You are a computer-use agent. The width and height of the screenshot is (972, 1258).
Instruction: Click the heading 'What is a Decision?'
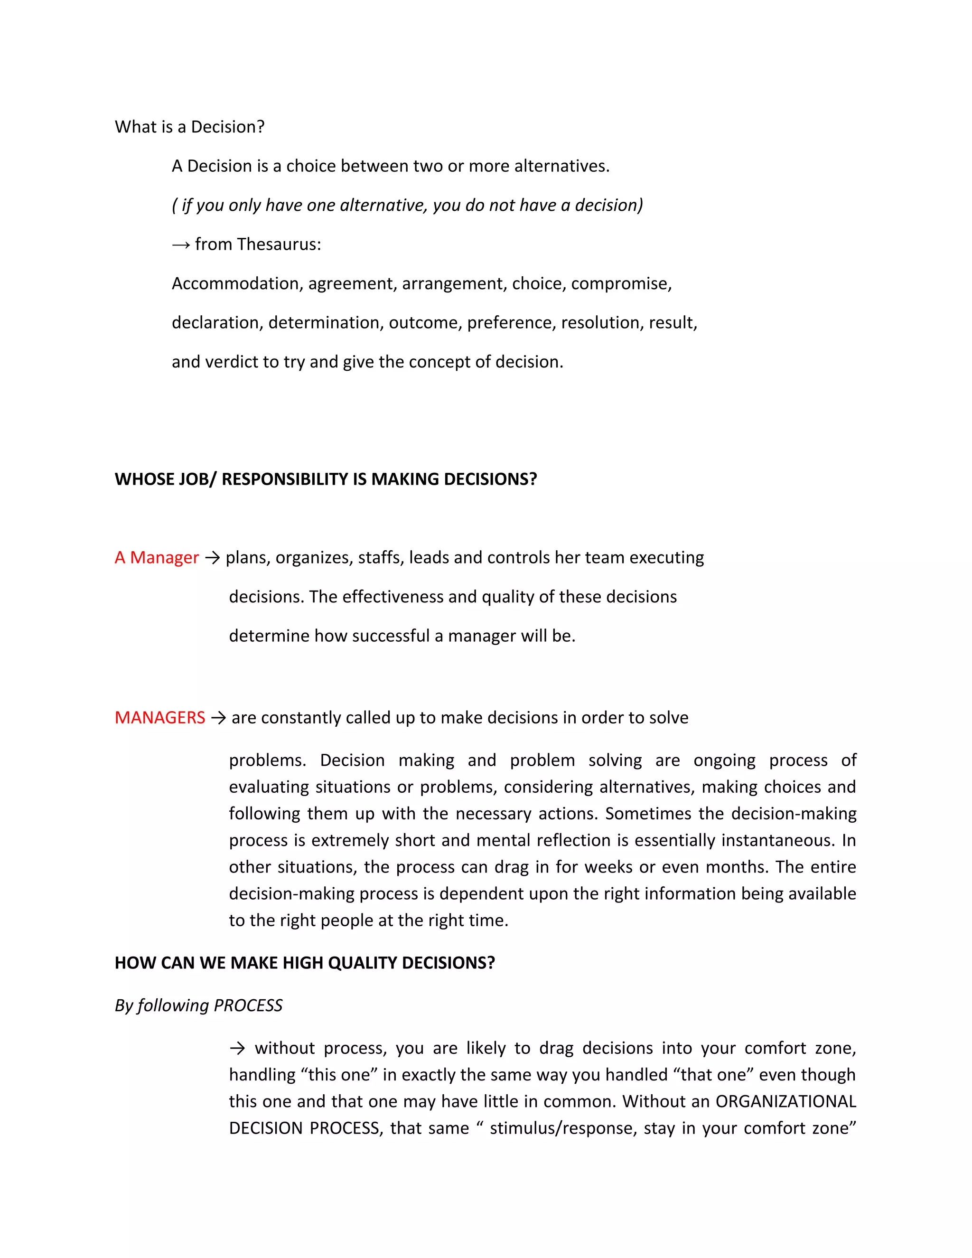tap(189, 127)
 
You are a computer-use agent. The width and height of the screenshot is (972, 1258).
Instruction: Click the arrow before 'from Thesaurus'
tap(180, 245)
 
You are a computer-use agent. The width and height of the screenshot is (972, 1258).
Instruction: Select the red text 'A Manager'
tap(157, 558)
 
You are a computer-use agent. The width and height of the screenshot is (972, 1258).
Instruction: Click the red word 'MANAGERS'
tap(159, 718)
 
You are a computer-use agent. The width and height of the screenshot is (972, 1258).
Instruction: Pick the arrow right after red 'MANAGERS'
tap(218, 718)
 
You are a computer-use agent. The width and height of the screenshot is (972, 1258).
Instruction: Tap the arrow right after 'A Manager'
tap(212, 558)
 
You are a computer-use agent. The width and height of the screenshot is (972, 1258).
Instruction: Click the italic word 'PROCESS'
tap(248, 1006)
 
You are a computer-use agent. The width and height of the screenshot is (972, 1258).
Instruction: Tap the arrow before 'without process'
tap(237, 1048)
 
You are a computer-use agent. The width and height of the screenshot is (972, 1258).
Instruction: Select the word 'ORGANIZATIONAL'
tap(785, 1101)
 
